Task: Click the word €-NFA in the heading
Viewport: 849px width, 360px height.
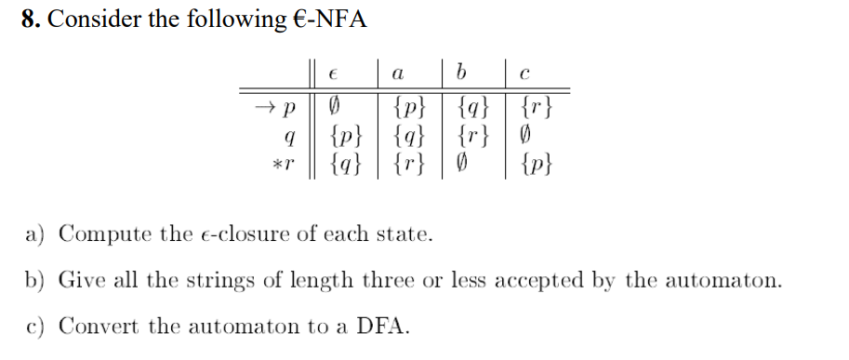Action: [329, 19]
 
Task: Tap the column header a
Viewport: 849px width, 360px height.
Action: [397, 71]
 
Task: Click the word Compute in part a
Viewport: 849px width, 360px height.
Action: [99, 233]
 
